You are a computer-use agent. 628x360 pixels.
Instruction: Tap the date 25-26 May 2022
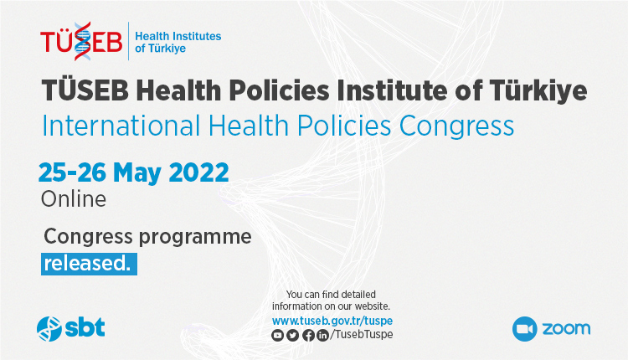click(x=133, y=172)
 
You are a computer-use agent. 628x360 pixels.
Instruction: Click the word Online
click(x=74, y=199)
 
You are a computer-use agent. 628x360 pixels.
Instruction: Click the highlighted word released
click(x=88, y=264)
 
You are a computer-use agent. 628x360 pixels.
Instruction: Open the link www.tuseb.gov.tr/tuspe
click(x=332, y=321)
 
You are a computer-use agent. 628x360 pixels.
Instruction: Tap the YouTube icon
click(x=278, y=335)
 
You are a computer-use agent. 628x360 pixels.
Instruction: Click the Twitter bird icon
click(x=292, y=335)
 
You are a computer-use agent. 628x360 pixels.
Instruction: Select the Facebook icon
click(x=307, y=335)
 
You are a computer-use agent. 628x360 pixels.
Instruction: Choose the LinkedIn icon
click(x=322, y=335)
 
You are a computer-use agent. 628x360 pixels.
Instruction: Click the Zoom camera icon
click(x=524, y=328)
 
